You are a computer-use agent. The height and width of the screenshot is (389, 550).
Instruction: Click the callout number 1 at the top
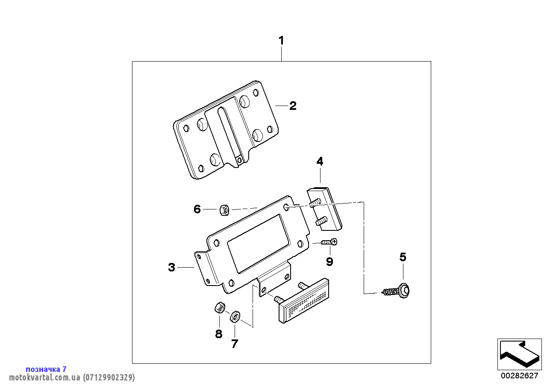[x=281, y=41]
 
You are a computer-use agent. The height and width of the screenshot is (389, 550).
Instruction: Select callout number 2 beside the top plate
[x=293, y=106]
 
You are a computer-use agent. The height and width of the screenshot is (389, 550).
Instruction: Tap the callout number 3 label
[x=172, y=267]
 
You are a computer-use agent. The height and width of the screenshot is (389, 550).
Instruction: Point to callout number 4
[x=320, y=161]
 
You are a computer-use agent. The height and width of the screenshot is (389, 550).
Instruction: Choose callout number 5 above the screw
[x=403, y=257]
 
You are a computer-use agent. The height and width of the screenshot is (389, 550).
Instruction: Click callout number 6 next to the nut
[x=197, y=209]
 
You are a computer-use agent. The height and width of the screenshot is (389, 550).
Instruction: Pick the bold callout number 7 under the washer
[x=235, y=344]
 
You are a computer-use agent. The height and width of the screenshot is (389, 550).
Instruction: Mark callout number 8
[x=219, y=334]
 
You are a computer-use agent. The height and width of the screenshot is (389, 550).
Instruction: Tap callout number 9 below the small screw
[x=329, y=262]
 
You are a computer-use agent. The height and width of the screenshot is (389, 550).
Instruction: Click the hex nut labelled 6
[x=224, y=210]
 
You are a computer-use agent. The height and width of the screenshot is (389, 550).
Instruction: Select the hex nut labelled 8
[x=220, y=307]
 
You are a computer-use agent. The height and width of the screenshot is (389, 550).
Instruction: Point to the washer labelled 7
[x=235, y=317]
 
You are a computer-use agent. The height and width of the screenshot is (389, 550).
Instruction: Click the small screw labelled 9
[x=329, y=242]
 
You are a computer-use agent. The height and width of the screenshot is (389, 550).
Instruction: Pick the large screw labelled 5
[x=396, y=291]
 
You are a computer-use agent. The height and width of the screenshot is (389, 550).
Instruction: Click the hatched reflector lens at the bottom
[x=304, y=301]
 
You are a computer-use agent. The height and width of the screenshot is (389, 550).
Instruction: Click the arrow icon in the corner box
[x=520, y=354]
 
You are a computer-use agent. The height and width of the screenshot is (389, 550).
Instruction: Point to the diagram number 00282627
[x=520, y=375]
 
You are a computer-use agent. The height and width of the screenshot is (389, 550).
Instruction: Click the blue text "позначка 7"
[x=46, y=369]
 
